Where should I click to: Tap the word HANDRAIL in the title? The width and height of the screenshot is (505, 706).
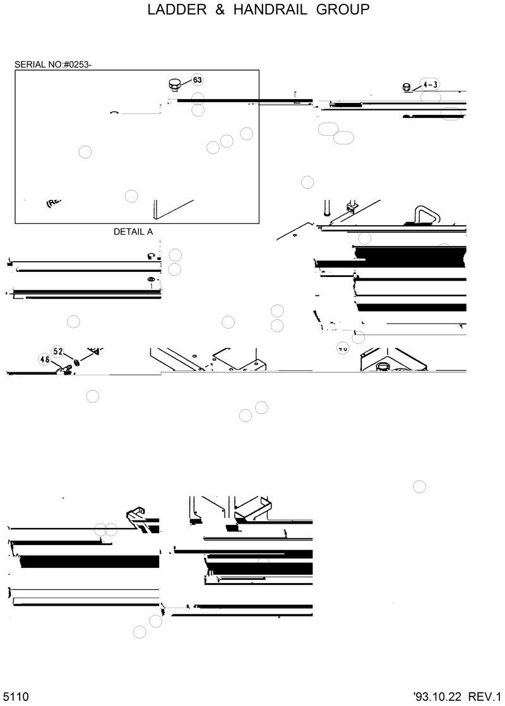(x=265, y=10)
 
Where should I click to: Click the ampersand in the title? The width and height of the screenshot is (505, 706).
(x=214, y=10)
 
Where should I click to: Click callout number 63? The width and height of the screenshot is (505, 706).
(x=198, y=80)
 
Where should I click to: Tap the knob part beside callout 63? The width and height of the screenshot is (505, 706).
(x=175, y=84)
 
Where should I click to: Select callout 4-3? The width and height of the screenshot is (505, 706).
(x=431, y=85)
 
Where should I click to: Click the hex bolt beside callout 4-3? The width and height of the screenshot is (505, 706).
(x=407, y=88)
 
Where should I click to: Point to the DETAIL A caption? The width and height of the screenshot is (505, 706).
(x=133, y=232)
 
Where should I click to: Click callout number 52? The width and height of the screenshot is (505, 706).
(x=57, y=351)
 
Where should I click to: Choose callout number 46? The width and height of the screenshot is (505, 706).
(x=45, y=360)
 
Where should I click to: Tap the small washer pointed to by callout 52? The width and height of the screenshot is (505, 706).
(x=76, y=362)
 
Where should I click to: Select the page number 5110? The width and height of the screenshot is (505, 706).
(x=15, y=697)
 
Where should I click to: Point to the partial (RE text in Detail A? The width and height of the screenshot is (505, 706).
(x=53, y=203)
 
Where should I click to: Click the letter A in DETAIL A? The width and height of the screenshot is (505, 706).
(x=150, y=232)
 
